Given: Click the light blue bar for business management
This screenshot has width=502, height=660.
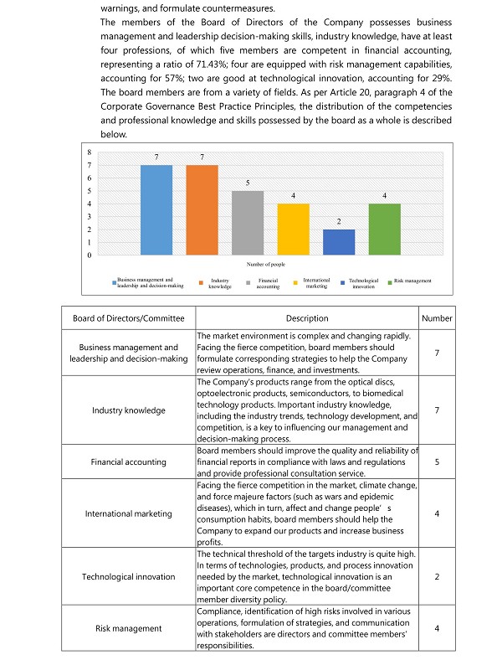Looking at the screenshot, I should tap(156, 209).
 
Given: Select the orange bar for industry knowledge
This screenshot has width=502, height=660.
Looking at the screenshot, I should tap(202, 209).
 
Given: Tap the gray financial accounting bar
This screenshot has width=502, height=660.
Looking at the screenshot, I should tap(248, 223).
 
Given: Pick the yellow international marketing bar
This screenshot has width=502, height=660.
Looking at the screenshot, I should tap(293, 229).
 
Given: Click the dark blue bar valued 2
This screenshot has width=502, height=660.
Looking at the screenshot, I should tap(339, 242).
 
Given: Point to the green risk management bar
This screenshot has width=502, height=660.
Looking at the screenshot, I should tap(384, 229).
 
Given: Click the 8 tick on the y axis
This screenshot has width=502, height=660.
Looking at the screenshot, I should tap(90, 152).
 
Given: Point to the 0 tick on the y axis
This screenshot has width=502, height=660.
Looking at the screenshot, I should tap(90, 255).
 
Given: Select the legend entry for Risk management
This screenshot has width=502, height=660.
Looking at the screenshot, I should tap(412, 281).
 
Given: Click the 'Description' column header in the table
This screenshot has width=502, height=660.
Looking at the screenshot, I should tap(307, 318).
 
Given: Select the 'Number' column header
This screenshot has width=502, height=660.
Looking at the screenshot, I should tap(437, 318).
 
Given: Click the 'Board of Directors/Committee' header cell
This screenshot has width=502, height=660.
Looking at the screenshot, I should tap(128, 318).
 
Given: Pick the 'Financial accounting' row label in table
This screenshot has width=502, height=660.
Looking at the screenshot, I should tap(128, 461).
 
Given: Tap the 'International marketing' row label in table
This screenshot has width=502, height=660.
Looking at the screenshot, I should tap(128, 513).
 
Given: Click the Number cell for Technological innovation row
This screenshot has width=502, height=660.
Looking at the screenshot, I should tap(437, 577).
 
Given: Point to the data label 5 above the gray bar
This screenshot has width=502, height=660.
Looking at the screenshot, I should tap(248, 183).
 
